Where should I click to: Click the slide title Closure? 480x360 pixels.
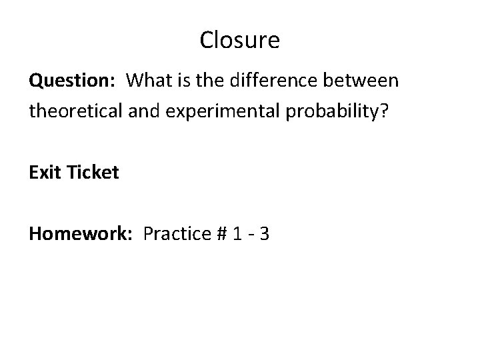tap(239, 41)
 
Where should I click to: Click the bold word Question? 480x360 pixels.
tap(72, 82)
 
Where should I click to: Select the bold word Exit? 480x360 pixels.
tap(45, 173)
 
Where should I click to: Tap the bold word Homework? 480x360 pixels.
tap(81, 234)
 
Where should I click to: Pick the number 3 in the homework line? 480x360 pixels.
tap(265, 234)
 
